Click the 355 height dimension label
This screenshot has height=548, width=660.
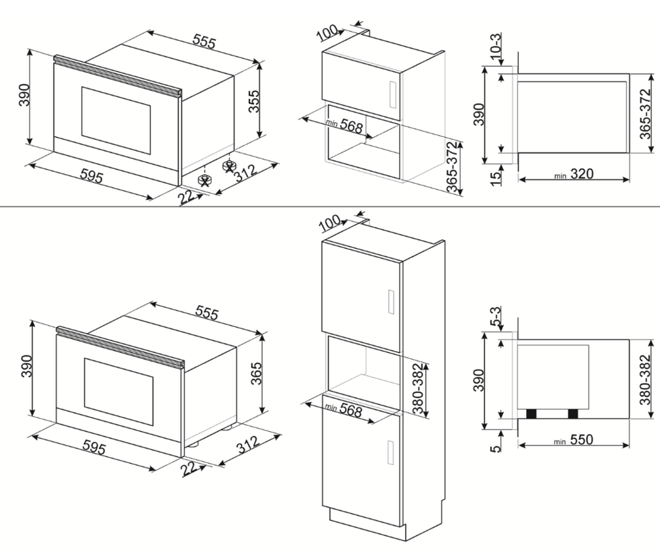point(252,102)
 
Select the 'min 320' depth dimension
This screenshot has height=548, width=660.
point(574,174)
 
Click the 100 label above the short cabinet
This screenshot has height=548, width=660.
point(328,31)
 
